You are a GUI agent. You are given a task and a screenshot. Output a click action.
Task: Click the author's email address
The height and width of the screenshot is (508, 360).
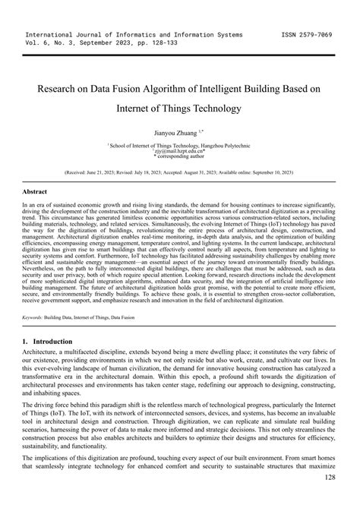[x=179, y=150]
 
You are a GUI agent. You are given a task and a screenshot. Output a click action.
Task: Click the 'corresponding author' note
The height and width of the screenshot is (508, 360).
[x=181, y=156]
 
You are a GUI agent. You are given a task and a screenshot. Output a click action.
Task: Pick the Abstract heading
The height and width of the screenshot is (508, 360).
[x=36, y=192]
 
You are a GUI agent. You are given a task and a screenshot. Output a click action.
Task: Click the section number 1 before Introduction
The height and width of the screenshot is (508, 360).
[x=26, y=342]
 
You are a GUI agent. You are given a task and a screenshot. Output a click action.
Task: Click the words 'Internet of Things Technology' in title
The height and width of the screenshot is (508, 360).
[x=179, y=109]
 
